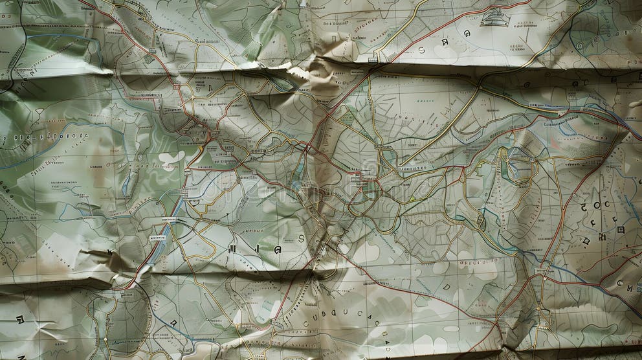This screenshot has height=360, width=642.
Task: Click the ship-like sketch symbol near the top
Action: click(x=495, y=17)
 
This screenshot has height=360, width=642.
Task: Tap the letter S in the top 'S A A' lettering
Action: click(x=421, y=50)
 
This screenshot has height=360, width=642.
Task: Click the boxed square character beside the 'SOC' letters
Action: click(x=620, y=229)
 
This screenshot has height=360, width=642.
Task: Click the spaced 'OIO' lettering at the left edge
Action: click(x=16, y=138)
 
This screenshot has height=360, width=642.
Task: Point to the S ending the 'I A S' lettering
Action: click(x=300, y=238)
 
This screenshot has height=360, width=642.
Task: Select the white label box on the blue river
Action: click(x=158, y=238)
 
